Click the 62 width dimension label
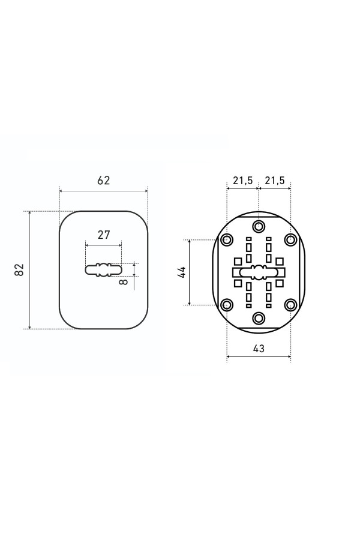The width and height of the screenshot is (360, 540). [103, 180]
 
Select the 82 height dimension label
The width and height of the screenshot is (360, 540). [19, 269]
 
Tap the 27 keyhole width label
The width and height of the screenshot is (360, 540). [103, 235]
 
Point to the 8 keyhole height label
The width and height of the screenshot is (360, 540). [124, 282]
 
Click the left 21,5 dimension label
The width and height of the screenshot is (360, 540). [242, 180]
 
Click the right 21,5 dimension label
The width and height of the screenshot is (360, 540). [275, 180]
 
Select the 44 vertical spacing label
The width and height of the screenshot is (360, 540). [182, 272]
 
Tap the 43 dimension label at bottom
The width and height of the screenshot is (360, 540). [259, 349]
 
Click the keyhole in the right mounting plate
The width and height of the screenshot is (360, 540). [259, 272]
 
